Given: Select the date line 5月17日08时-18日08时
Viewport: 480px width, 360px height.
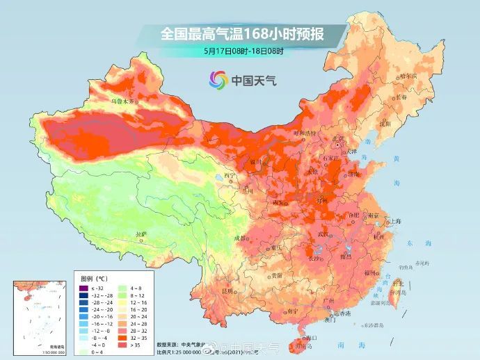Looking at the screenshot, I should coord(243,51).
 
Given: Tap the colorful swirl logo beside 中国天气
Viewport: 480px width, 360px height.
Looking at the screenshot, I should coord(217,79).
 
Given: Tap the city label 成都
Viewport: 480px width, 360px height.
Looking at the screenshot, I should coord(241,238).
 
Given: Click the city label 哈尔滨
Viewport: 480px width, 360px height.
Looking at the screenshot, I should coord(409,77).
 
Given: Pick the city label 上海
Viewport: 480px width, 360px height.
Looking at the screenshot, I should coord(395,221).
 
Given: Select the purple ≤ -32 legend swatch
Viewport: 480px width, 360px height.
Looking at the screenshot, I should coord(82,288).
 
